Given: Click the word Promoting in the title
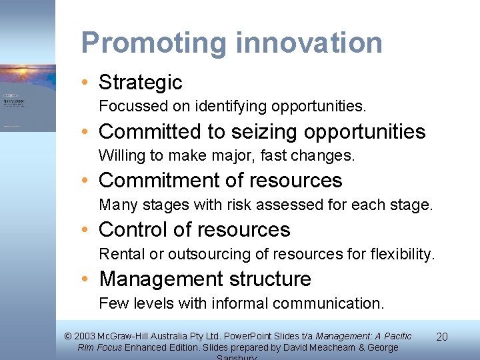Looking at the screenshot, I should pyautogui.click(x=154, y=43).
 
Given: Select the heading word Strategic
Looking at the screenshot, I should pyautogui.click(x=140, y=82).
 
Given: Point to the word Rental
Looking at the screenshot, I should pyautogui.click(x=116, y=254).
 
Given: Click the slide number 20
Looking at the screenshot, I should pyautogui.click(x=441, y=337).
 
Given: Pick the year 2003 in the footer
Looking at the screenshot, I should pyautogui.click(x=85, y=337).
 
